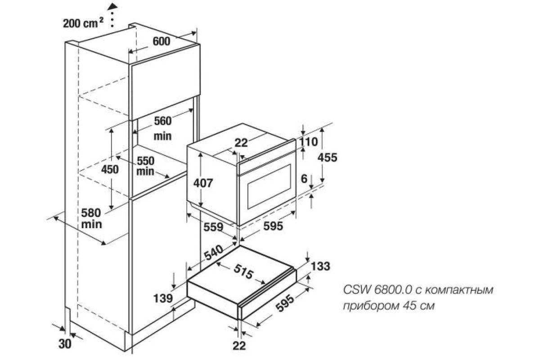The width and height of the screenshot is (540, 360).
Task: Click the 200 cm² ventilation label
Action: point(83,23)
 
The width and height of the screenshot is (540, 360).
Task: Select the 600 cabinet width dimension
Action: point(162,41)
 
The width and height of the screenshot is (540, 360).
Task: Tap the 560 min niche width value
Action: point(163,128)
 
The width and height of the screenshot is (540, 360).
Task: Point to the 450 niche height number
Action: point(110,170)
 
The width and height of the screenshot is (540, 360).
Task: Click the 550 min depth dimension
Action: point(145,166)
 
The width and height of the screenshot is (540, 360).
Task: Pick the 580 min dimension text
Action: point(91,218)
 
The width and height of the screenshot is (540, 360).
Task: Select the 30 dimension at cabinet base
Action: point(65,344)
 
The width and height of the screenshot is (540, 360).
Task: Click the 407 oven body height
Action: point(203,183)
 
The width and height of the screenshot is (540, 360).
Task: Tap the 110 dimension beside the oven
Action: point(309,142)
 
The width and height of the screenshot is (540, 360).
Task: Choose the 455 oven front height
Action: point(328,157)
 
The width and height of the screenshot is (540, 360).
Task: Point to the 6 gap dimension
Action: point(305,179)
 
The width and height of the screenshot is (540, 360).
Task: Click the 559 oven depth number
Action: point(213,227)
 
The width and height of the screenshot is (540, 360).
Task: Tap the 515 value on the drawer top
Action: point(243,271)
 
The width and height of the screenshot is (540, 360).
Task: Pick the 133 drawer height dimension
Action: point(320,266)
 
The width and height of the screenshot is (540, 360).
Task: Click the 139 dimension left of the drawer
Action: point(163,298)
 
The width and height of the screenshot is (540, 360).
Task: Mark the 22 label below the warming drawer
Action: point(239,346)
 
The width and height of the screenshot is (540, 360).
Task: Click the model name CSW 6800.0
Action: point(377,290)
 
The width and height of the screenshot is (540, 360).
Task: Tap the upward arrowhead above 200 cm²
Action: point(112,6)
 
